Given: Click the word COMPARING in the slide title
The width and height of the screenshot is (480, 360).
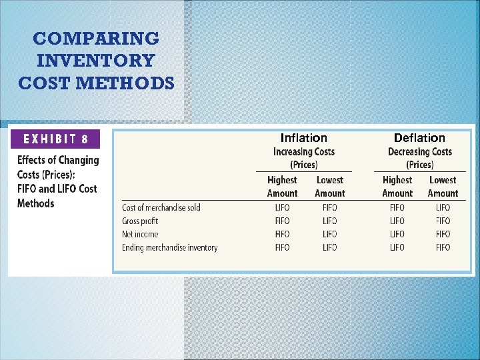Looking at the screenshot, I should tap(96, 39).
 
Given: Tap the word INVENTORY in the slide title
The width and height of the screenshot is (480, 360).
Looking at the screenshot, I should tap(96, 61).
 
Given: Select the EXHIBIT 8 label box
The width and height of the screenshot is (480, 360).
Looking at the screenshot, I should tap(56, 139).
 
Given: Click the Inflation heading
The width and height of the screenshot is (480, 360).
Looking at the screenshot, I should tap(304, 138).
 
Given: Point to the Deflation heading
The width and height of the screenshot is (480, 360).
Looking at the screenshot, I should tap(419, 138).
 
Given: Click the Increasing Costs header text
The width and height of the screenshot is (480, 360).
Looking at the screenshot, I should tap(304, 151).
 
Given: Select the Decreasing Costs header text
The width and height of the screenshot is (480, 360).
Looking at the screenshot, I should tap(420, 151).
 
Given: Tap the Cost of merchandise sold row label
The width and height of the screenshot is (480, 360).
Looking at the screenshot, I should tap(161, 207).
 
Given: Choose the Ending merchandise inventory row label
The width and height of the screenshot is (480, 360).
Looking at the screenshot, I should tap(170, 247).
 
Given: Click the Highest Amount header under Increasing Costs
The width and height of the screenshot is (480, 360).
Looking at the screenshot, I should tap(282, 187).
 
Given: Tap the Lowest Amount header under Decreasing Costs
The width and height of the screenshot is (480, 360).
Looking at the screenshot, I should tap(443, 187).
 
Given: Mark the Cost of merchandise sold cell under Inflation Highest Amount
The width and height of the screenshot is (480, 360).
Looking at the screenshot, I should tap(282, 207).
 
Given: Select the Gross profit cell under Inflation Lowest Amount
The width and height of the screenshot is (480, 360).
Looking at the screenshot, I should tap(329, 221).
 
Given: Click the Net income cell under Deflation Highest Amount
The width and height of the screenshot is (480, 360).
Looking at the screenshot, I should tap(397, 234).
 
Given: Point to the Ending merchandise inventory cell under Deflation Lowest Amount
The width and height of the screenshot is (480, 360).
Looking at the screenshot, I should tap(443, 247).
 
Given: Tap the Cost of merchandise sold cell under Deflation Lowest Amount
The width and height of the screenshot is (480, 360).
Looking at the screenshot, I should tap(443, 207).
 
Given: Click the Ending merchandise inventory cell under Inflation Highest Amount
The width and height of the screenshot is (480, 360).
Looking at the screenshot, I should tap(282, 247).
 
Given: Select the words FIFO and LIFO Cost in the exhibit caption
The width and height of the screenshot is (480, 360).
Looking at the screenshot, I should tap(57, 189).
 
